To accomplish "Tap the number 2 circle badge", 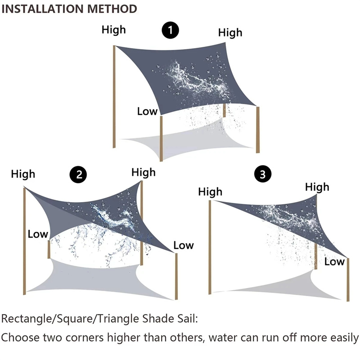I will (x=79, y=175).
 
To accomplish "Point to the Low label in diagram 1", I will (x=147, y=111).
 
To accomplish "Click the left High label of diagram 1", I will (x=113, y=30).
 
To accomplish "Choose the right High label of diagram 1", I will (x=230, y=33).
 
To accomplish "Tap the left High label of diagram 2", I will (x=23, y=174).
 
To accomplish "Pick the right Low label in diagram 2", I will (x=183, y=245).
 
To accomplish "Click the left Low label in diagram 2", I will (x=38, y=234).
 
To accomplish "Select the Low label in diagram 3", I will (x=334, y=261).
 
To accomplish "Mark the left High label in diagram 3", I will (x=210, y=192).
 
